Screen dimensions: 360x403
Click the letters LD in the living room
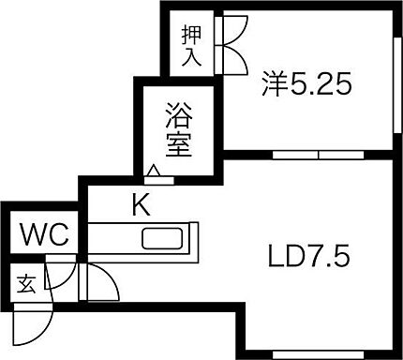click(x=285, y=255)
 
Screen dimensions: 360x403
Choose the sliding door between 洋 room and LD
click(x=319, y=153)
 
